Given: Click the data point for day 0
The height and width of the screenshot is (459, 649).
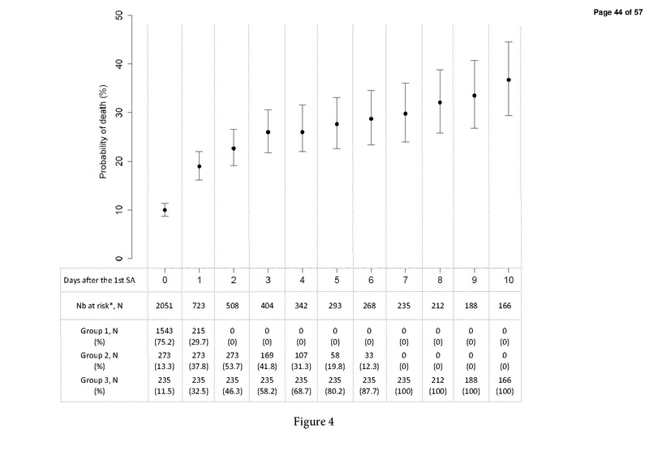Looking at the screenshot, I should tap(165, 210).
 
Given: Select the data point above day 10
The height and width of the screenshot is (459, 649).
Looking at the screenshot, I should tap(509, 79).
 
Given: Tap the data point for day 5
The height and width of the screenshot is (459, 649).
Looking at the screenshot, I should tap(337, 124).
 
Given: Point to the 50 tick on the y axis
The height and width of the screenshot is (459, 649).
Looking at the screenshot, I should tap(119, 15).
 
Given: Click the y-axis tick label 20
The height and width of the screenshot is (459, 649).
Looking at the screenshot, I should tap(119, 161).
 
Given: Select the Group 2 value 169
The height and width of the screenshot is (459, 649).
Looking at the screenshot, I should tap(268, 356).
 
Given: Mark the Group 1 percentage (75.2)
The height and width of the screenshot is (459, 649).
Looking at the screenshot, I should tap(165, 344).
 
